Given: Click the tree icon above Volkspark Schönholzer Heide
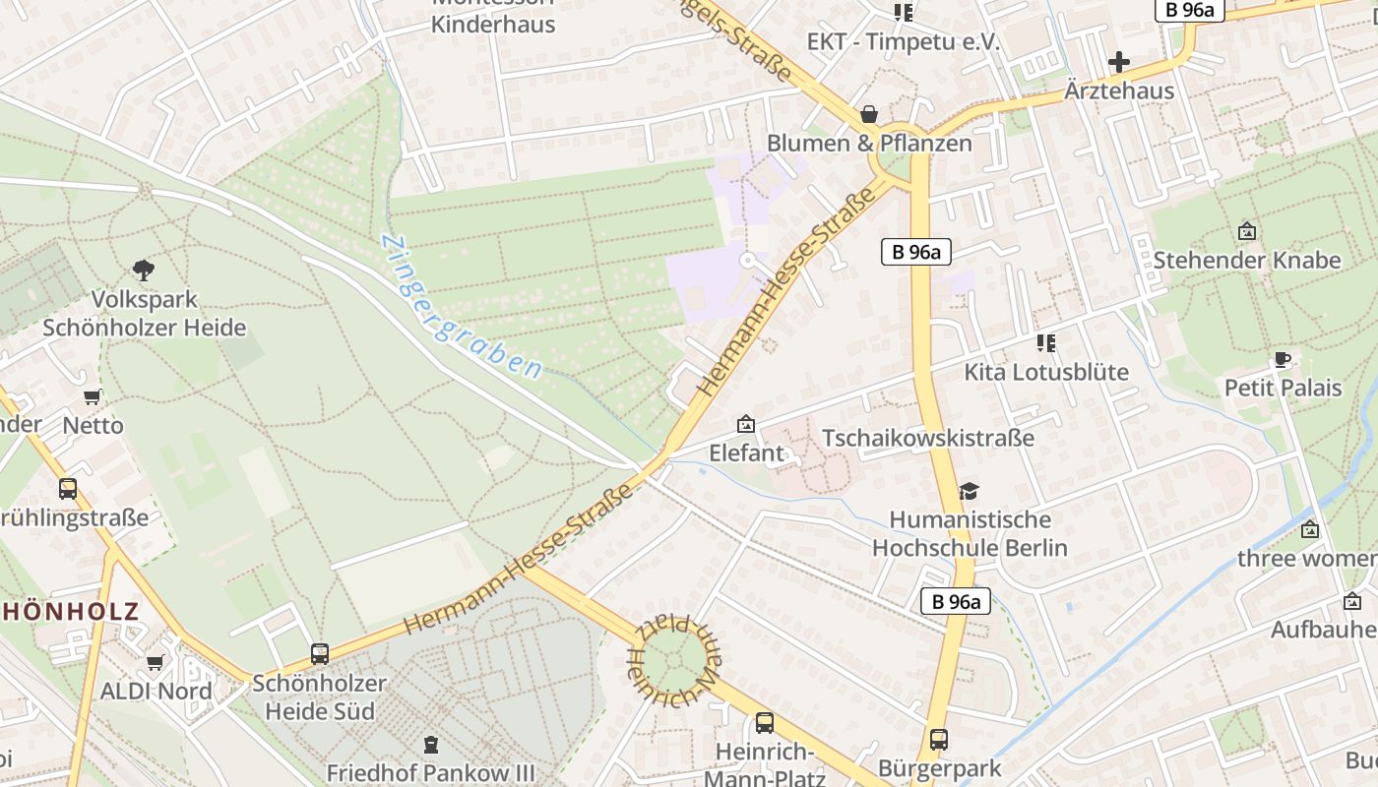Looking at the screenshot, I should click(144, 270).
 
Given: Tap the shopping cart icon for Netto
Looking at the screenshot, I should click(93, 396).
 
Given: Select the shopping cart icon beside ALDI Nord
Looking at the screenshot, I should click(155, 662).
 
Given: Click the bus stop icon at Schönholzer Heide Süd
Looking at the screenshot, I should click(320, 653).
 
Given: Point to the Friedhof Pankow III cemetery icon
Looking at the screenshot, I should click(430, 745).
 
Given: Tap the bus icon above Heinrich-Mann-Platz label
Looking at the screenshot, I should click(765, 723).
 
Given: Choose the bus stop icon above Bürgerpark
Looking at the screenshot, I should click(939, 739).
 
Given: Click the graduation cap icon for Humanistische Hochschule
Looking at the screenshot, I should click(970, 490).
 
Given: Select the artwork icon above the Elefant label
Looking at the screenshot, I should click(746, 425).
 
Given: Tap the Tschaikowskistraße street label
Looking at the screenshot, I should click(928, 438).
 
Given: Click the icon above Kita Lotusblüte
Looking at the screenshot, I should click(1045, 343).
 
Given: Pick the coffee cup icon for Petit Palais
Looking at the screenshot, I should click(1283, 359).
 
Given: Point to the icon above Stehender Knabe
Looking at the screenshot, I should click(1247, 231).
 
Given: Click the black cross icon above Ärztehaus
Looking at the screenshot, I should click(1119, 62).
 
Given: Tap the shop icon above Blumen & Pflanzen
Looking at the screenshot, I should click(869, 114).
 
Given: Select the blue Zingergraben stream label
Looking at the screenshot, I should click(461, 307).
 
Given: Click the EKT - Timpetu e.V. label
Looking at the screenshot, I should click(903, 42).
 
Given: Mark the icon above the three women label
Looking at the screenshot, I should click(1310, 529).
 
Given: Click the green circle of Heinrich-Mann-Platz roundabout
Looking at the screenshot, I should click(675, 660).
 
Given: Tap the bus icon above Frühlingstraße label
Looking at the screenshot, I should click(68, 488).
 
